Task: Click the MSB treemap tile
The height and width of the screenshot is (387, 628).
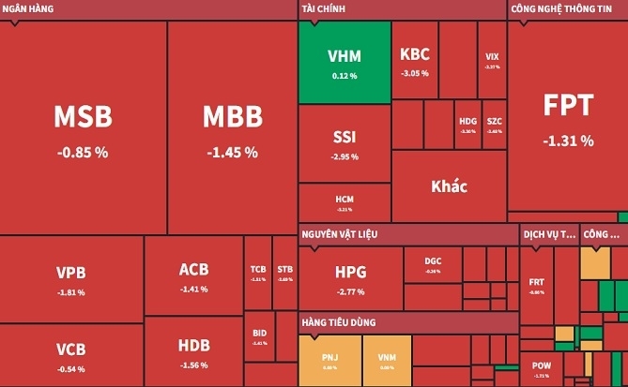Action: (x=83, y=127)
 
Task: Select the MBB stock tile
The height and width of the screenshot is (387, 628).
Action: (x=232, y=127)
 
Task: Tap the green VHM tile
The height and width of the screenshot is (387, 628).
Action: (x=345, y=62)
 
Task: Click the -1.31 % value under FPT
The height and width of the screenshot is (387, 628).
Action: (x=568, y=141)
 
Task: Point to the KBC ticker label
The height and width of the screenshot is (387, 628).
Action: (x=415, y=54)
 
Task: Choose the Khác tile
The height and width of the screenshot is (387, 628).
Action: (x=449, y=186)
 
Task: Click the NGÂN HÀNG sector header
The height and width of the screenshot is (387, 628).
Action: (x=28, y=9)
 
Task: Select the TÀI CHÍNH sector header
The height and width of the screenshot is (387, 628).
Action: (x=325, y=9)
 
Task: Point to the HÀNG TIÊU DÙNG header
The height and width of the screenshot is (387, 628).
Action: (x=339, y=322)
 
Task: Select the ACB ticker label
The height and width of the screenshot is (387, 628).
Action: (x=193, y=270)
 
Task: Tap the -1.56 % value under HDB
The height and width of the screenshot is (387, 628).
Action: (x=193, y=365)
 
